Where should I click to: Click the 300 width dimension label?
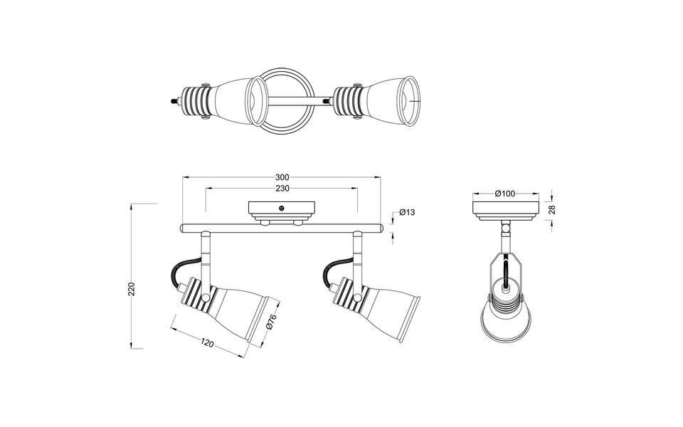click(x=282, y=177)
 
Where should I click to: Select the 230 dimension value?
click(x=282, y=189)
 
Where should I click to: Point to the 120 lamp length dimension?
click(x=207, y=344)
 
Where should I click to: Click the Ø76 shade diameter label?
click(x=270, y=322)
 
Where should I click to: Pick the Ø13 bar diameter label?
click(x=407, y=212)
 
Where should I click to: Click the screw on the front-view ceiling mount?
click(x=282, y=208)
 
